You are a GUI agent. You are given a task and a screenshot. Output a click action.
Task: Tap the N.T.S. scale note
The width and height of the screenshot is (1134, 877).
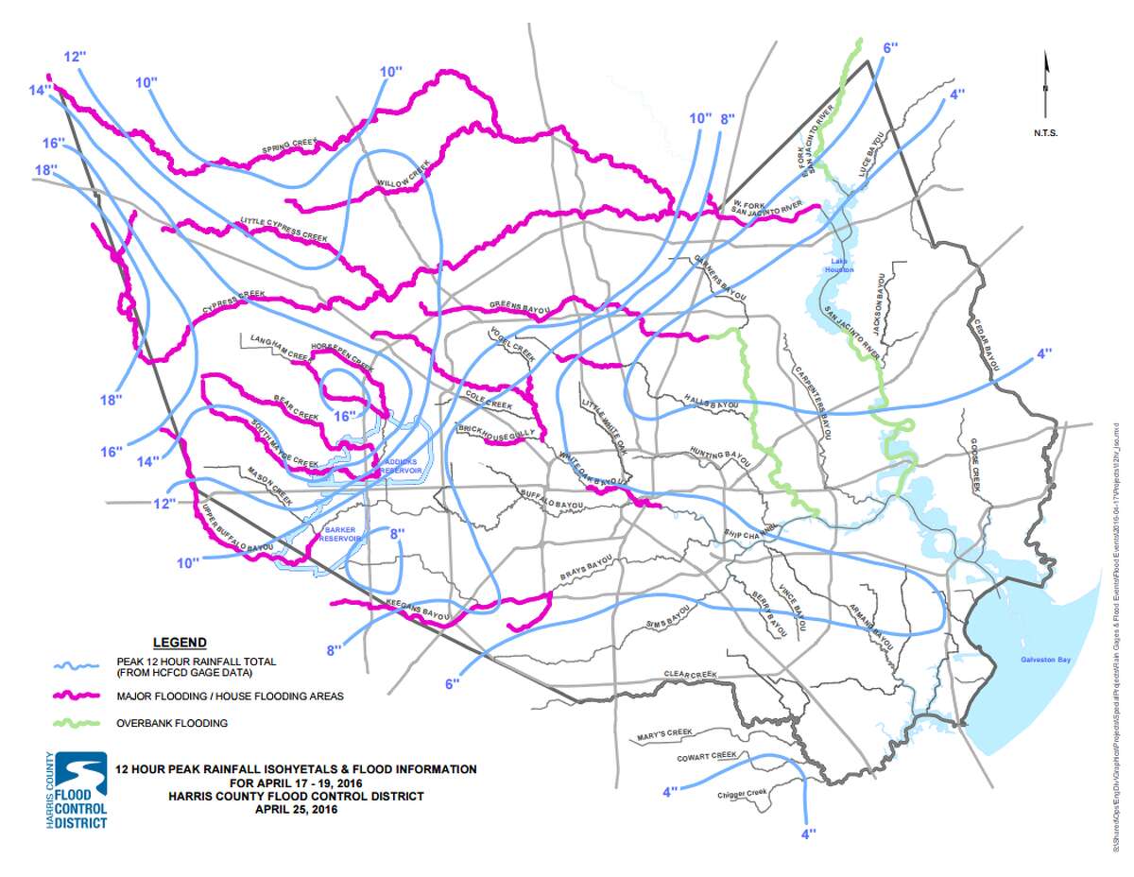[1045, 133]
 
